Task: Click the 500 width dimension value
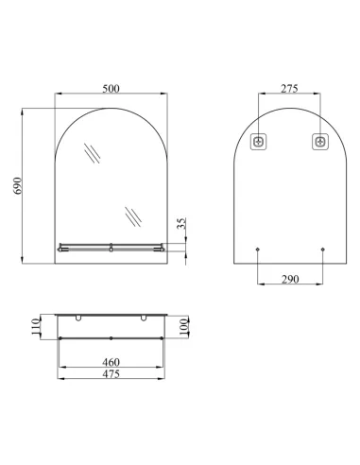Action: (111, 89)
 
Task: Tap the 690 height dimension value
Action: (18, 185)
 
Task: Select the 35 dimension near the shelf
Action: (181, 223)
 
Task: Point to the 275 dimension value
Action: (289, 89)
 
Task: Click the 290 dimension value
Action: (290, 279)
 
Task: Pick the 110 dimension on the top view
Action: (36, 327)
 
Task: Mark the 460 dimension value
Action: (111, 362)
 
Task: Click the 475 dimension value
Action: (111, 374)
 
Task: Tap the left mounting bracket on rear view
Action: (259, 142)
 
